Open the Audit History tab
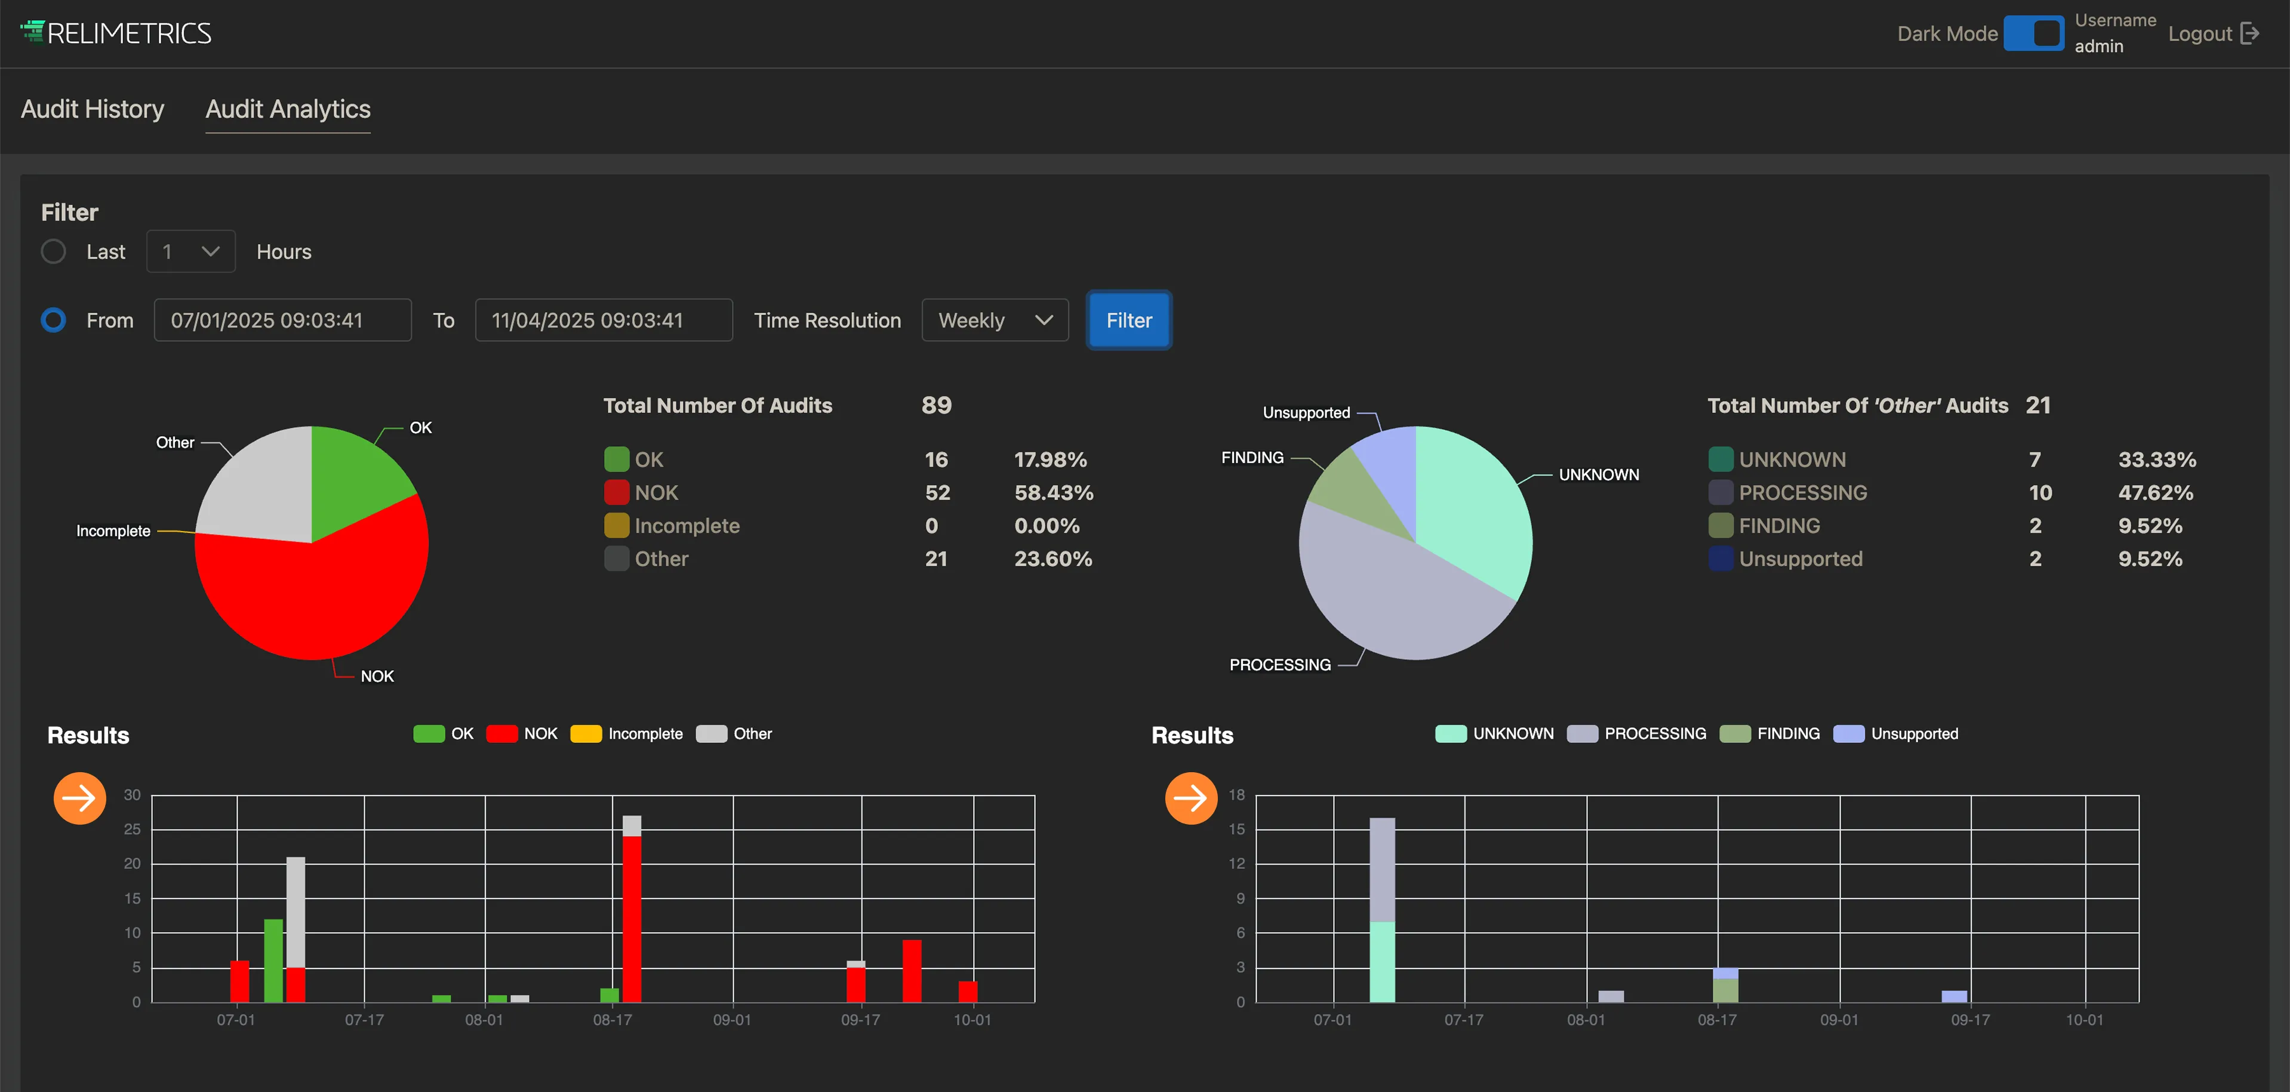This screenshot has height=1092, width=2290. click(93, 109)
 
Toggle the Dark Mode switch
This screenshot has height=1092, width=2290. click(2033, 34)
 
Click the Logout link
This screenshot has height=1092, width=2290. click(2212, 34)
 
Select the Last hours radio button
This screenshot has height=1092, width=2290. click(53, 251)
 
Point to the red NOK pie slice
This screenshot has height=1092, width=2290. click(320, 596)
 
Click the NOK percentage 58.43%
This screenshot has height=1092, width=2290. click(1054, 492)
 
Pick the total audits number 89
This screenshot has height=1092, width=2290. click(936, 405)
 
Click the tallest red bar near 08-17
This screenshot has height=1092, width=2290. click(632, 919)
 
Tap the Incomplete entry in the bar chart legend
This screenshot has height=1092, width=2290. click(627, 734)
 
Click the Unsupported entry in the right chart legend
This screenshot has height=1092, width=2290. click(1895, 734)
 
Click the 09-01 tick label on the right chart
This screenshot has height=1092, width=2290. click(1839, 1020)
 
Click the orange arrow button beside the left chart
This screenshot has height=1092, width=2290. click(80, 798)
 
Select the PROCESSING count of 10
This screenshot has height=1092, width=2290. click(2040, 492)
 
